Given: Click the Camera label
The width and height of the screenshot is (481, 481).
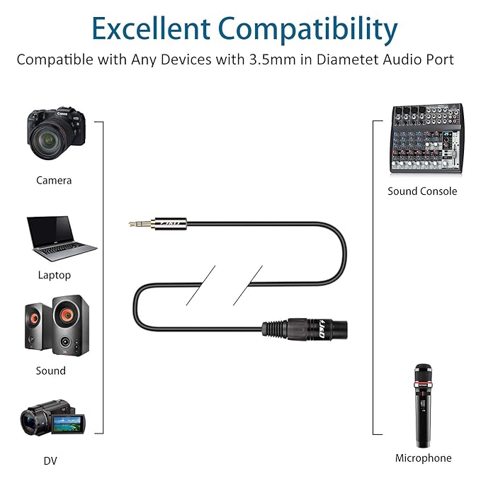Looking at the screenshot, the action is [54, 180].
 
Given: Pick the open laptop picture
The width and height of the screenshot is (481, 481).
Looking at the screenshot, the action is [61, 239].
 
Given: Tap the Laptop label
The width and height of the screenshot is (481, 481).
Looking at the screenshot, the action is [54, 275].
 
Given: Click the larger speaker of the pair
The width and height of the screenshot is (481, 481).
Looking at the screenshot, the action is [71, 325].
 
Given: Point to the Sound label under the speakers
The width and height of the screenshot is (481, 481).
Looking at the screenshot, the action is [51, 370].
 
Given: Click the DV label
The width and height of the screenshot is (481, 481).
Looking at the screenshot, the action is [50, 461].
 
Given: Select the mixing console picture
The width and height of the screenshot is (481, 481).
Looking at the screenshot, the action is [426, 139].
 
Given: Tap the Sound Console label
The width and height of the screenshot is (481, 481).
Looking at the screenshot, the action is [422, 191].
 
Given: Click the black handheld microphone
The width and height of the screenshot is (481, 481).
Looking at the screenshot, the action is [422, 404].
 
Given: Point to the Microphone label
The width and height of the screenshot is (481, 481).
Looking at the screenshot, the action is [423, 458].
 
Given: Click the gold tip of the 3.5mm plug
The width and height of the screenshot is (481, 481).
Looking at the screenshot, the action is [136, 224].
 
